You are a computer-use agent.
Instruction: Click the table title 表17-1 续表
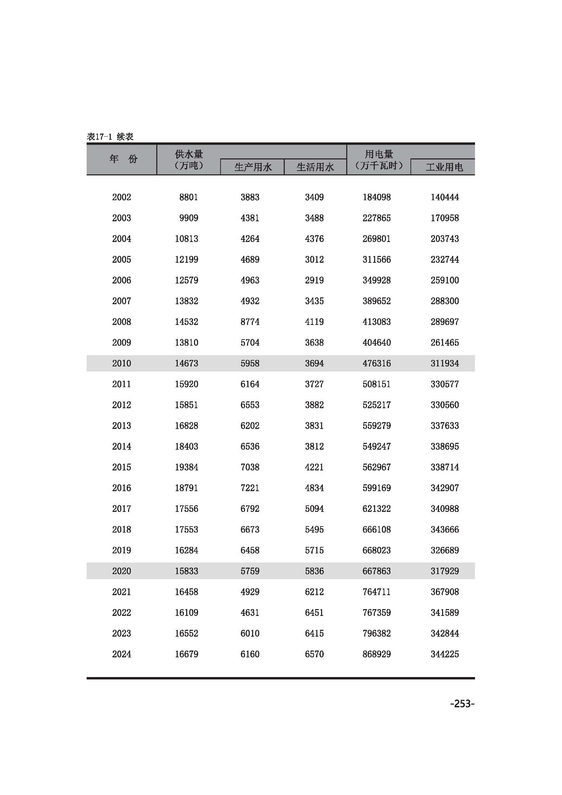(x=110, y=137)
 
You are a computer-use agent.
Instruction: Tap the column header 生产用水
(x=252, y=167)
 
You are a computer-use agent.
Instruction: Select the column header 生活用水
(x=315, y=167)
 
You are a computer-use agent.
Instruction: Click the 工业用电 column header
(x=444, y=167)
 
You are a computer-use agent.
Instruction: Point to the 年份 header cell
(x=123, y=159)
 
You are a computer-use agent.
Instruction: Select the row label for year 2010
(x=121, y=363)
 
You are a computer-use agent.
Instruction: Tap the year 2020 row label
(x=121, y=571)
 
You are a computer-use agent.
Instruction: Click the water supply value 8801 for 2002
(x=189, y=197)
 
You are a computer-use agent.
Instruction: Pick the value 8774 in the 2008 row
(x=250, y=322)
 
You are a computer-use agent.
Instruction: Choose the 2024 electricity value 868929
(x=376, y=654)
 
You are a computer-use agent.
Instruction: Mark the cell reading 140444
(x=445, y=197)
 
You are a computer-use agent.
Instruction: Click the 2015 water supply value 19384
(x=186, y=467)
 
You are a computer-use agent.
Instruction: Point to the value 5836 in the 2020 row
(x=314, y=571)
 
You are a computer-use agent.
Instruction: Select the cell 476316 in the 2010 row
(x=376, y=363)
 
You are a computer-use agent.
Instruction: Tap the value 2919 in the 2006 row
(x=314, y=280)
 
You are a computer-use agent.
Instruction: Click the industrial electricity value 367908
(x=445, y=592)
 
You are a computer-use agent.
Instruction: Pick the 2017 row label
(x=121, y=509)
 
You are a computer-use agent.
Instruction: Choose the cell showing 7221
(x=250, y=488)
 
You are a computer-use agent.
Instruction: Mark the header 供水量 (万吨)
(x=189, y=160)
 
